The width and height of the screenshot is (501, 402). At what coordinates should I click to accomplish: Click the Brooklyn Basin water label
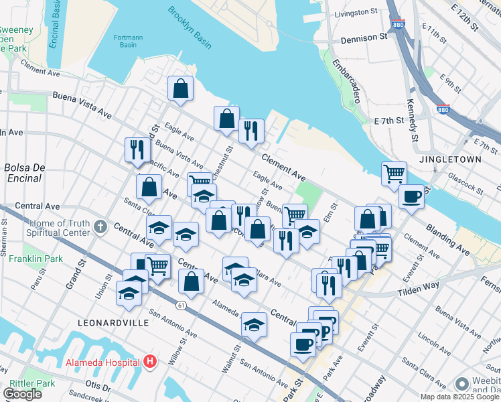point(190,27)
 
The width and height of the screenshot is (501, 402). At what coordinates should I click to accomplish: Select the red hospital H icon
point(150,362)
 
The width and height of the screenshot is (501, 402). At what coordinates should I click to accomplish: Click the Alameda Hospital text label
point(102,362)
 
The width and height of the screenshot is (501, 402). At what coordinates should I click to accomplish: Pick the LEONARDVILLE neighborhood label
point(113,322)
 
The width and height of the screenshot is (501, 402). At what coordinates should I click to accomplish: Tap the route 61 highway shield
point(182,305)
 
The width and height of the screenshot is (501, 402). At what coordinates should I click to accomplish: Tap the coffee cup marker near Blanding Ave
point(411,197)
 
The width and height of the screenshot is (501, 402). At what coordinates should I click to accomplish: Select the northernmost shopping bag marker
point(181,88)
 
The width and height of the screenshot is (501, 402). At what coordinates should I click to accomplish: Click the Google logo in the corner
point(22,394)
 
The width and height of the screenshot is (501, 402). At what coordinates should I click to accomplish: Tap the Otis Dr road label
point(98,386)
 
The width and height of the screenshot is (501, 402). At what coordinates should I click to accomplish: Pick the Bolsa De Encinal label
point(24,172)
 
